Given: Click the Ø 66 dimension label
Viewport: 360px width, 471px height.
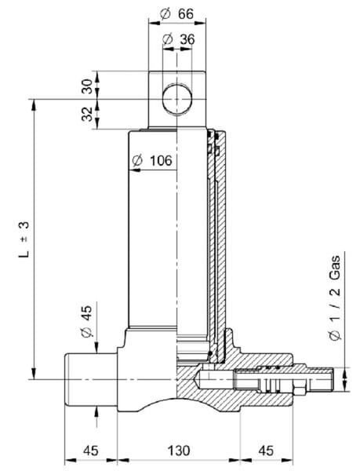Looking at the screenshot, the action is (x=176, y=13).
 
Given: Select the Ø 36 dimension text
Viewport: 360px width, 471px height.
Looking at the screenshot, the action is (x=178, y=39).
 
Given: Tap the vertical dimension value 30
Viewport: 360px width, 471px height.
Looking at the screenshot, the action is (x=87, y=86).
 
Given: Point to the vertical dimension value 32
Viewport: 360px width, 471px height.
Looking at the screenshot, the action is (x=87, y=114).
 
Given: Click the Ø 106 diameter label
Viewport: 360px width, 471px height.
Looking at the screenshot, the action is (x=152, y=161).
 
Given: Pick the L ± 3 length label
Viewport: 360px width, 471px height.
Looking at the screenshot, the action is (x=24, y=239).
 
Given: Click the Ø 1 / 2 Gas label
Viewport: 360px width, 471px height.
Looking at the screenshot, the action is (x=335, y=298).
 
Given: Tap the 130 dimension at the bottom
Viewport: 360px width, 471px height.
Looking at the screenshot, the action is (x=179, y=451).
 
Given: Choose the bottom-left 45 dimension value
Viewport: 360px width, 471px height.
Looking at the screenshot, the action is (x=91, y=451).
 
